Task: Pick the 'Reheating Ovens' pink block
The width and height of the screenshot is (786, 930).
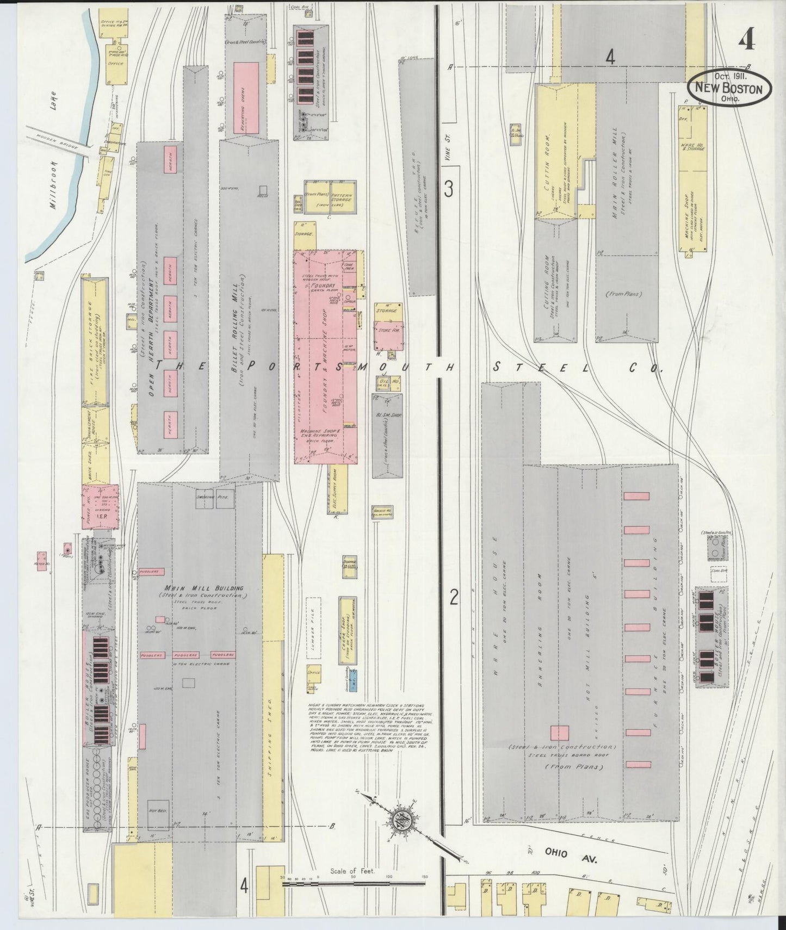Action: coord(246,98)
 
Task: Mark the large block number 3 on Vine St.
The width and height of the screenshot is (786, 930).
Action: coord(448,189)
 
